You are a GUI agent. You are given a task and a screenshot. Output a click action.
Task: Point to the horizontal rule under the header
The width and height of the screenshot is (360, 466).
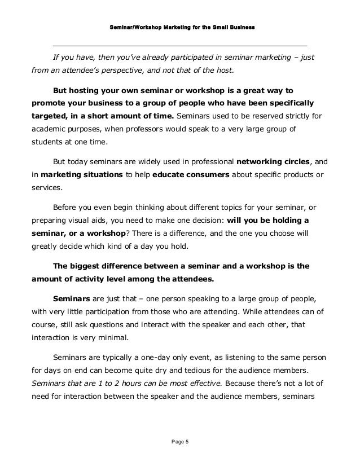[179, 45]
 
